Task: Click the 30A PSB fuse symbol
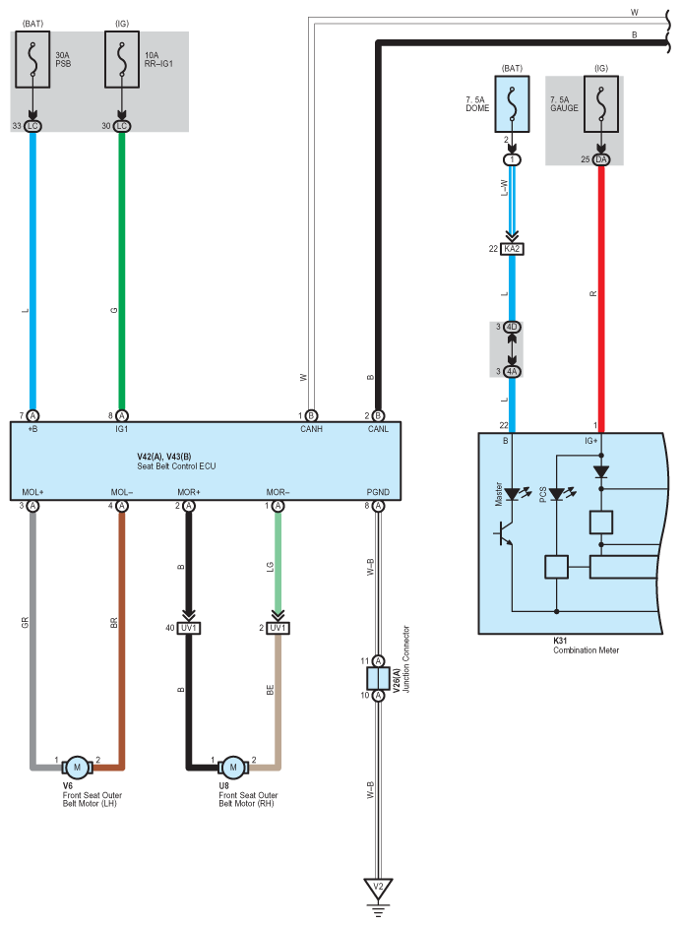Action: [32, 60]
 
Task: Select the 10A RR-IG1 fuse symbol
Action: [122, 60]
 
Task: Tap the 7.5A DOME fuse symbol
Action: [512, 104]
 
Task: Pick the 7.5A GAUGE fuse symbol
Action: [601, 104]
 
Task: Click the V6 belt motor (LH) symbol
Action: [77, 768]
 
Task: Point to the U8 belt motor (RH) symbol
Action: [233, 768]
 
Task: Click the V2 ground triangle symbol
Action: [378, 889]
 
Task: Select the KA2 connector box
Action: [512, 249]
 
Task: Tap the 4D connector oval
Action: [512, 327]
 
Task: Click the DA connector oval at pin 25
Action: [601, 159]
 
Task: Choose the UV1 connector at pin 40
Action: [189, 628]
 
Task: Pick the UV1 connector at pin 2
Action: [278, 628]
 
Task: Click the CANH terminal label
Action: [311, 429]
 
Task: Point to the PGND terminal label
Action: [378, 492]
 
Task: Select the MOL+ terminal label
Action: [33, 492]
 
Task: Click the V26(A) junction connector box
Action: [378, 678]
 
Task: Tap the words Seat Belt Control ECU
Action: [177, 466]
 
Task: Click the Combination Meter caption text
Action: [587, 650]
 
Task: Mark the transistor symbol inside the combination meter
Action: [503, 533]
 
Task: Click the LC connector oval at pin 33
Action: [32, 126]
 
